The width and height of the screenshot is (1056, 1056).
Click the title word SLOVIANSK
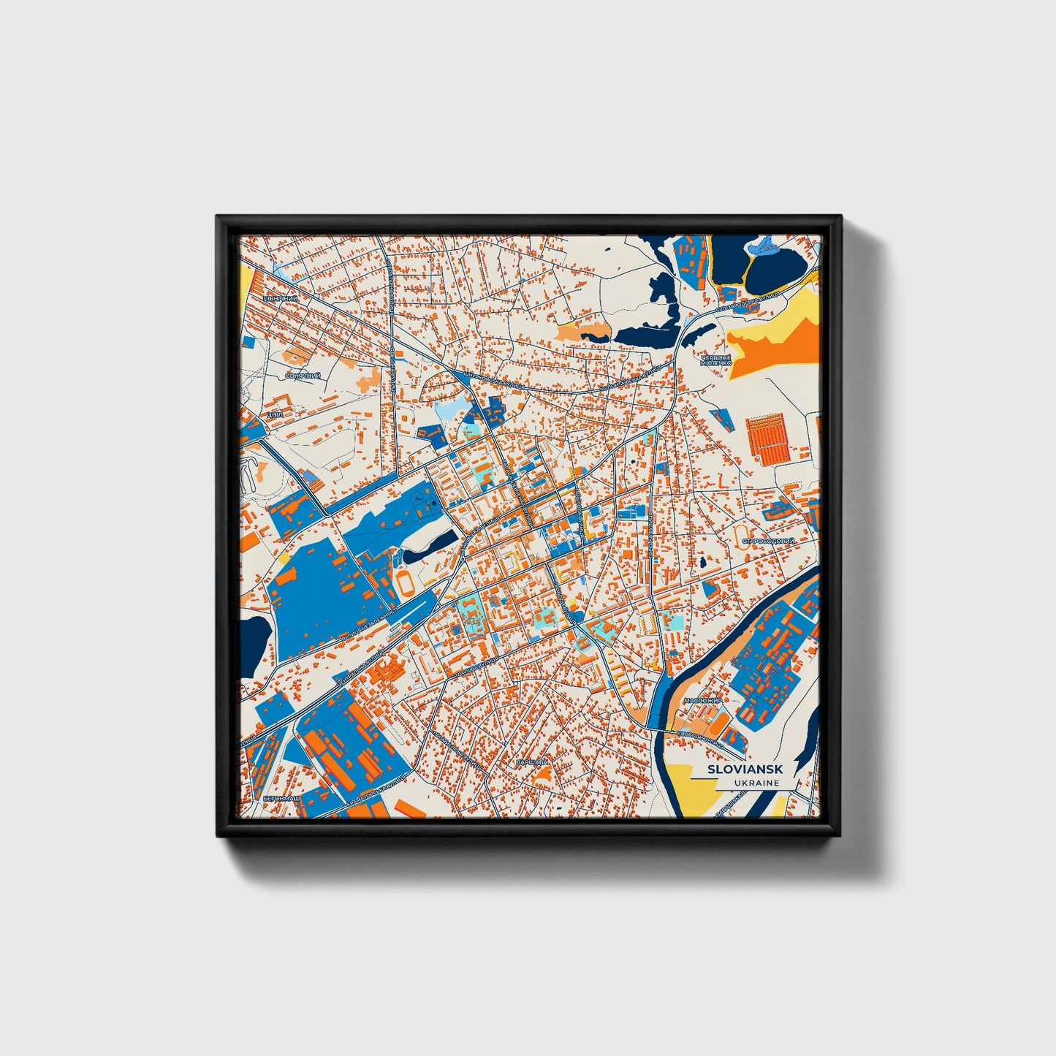(745, 770)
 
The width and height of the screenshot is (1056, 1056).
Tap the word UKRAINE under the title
(758, 783)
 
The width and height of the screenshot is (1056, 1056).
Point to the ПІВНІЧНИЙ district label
(281, 300)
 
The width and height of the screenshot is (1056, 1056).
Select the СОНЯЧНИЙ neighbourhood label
(303, 376)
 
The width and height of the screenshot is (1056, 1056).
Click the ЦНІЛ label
(275, 414)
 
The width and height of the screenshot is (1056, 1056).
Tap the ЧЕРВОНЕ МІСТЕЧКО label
(715, 360)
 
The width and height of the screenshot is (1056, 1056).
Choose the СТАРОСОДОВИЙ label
(768, 542)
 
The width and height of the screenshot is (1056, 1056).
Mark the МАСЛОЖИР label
(703, 701)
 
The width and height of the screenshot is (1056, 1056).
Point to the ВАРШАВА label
(531, 762)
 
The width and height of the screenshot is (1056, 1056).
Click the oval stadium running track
(404, 582)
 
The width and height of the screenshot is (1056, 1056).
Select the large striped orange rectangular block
(768, 439)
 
